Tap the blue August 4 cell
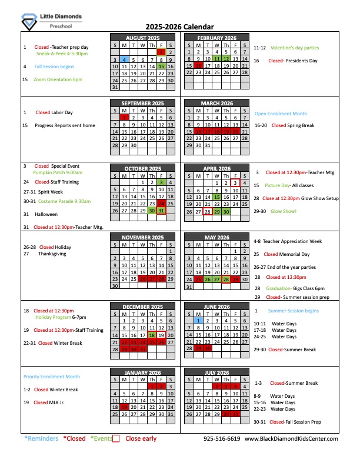124,59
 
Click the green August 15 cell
161,66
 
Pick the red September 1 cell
124,118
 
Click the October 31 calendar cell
161,211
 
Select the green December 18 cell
152,335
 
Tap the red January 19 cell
124,407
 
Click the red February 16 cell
198,66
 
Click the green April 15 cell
217,197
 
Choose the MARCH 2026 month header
216,104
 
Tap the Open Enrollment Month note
281,114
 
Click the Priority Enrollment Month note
52,377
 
